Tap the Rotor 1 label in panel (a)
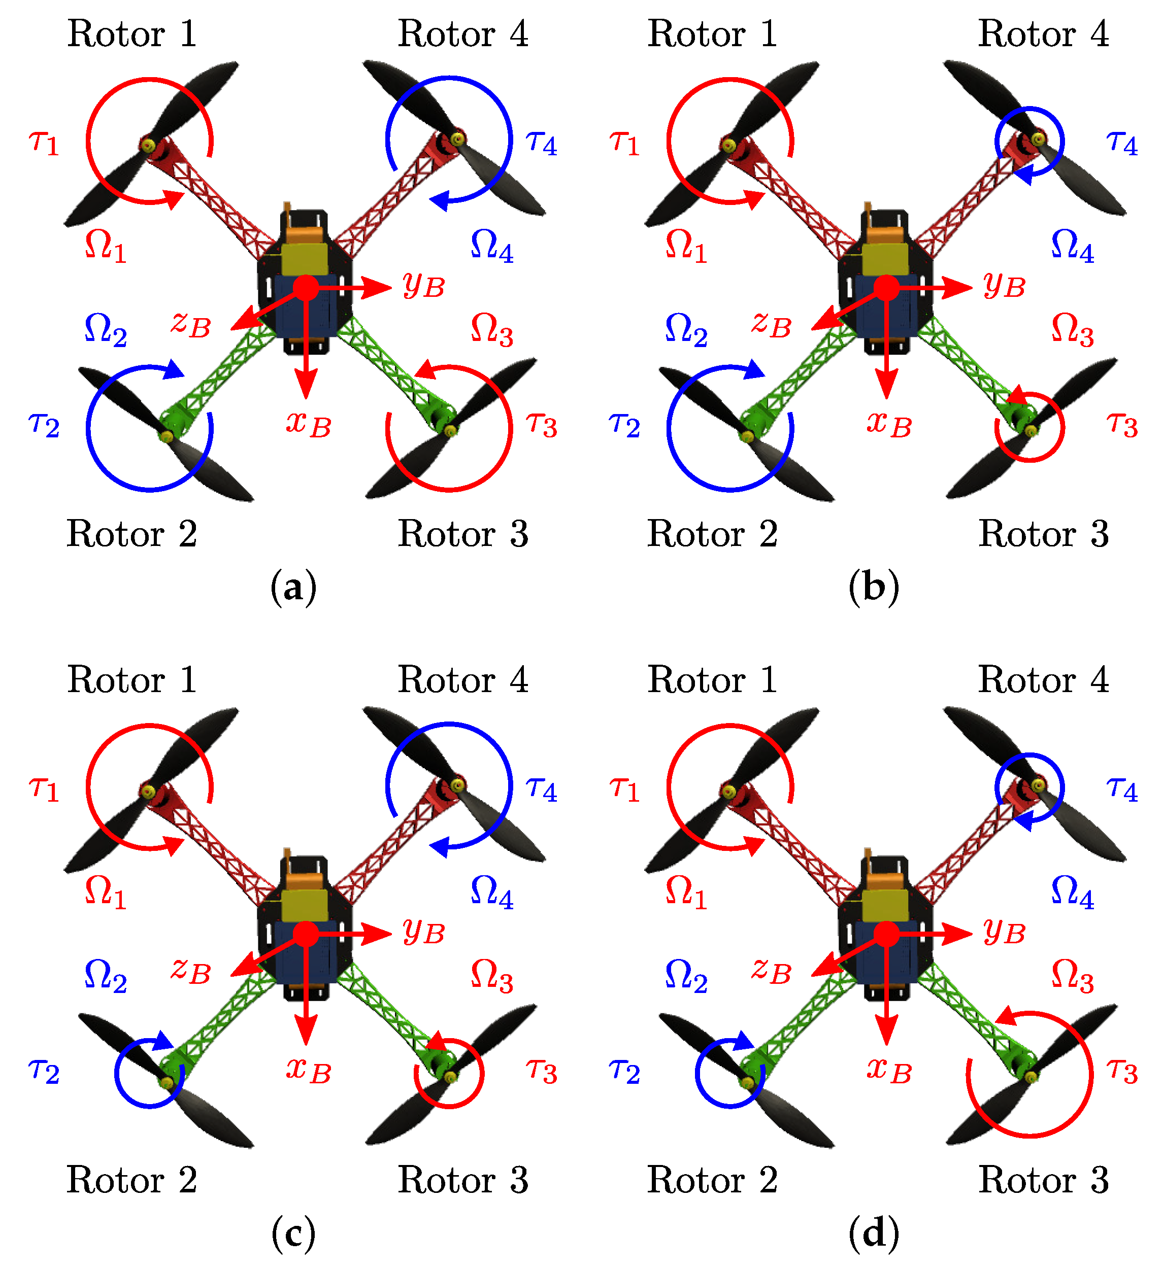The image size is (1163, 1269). coord(132,33)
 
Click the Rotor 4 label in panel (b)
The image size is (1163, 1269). coord(1043,33)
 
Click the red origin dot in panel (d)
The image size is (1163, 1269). coord(886,934)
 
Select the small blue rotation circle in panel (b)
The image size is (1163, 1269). coord(1029,141)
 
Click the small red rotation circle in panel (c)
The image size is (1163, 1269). coord(449,1074)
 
